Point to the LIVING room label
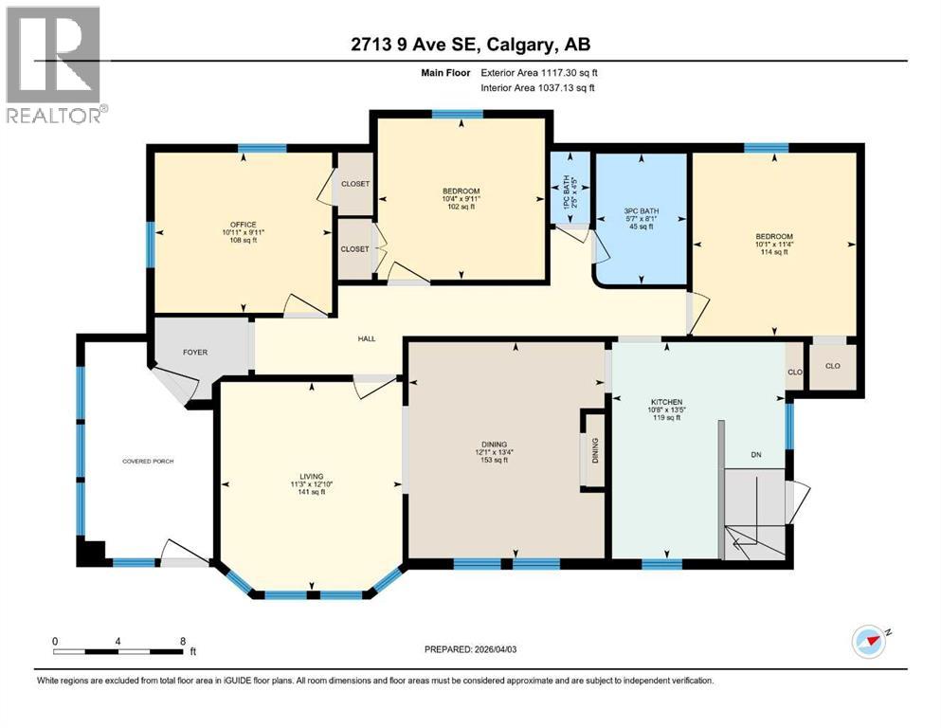(312, 476)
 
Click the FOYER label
(195, 353)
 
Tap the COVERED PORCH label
(148, 461)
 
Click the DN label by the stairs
(756, 455)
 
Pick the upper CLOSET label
(355, 183)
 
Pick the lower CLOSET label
(354, 248)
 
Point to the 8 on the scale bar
(182, 641)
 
